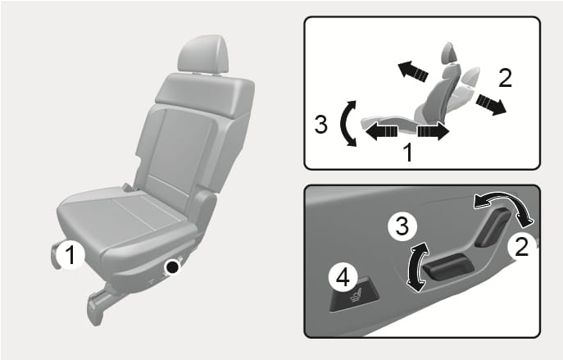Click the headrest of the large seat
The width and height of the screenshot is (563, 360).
pos(203,54)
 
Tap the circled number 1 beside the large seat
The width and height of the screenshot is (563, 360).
pos(70,254)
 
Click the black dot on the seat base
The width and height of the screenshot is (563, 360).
pos(173,267)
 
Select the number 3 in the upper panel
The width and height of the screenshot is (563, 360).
pos(321,124)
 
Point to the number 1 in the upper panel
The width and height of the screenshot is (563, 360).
pos(407,153)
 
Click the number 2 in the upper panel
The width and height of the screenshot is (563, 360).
pos(505,78)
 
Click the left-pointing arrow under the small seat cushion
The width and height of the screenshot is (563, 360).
pos(382,130)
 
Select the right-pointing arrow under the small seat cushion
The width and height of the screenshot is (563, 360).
pos(434,131)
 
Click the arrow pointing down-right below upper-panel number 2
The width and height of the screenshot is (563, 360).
pos(491,104)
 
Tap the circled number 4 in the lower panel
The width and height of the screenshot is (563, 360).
pos(343,277)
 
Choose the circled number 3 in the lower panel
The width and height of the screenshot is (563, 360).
pos(402,226)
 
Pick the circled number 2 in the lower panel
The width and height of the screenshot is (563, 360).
pos(521,247)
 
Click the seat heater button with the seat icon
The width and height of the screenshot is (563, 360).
pos(354,297)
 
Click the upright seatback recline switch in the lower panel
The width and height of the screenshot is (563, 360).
pos(493,227)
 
